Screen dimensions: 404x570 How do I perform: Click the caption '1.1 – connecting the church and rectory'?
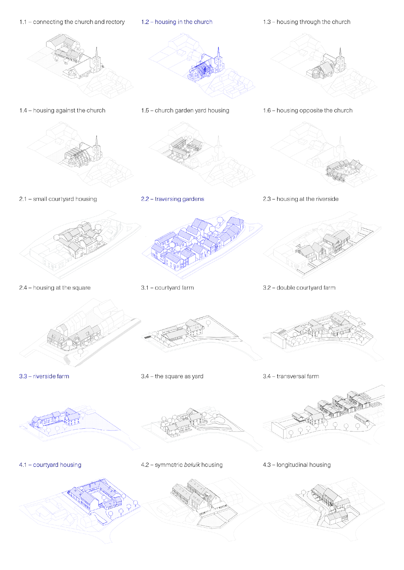72,22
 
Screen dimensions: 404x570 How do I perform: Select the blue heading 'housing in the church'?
184,22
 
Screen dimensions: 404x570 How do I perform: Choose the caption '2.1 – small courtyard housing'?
58,199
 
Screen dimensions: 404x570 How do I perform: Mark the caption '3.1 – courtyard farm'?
167,287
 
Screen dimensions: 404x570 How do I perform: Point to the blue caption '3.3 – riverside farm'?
44,376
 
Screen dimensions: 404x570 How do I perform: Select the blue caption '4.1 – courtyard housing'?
50,465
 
